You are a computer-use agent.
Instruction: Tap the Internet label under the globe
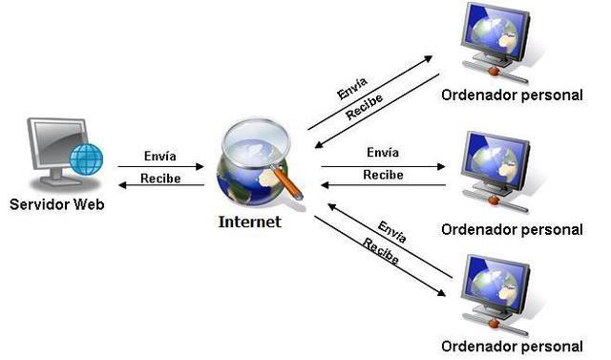(250, 222)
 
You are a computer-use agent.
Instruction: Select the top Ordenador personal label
(512, 95)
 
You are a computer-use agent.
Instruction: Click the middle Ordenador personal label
(512, 229)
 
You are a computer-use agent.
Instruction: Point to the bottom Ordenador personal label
(512, 345)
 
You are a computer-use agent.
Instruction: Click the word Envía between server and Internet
(158, 156)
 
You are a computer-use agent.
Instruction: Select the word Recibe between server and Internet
(158, 179)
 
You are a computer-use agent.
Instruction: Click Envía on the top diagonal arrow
(352, 89)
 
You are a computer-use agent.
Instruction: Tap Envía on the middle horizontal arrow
(383, 153)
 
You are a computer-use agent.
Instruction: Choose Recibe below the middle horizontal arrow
(383, 176)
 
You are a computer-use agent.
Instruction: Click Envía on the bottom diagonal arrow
(392, 229)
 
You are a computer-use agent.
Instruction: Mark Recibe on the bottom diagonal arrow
(379, 250)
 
